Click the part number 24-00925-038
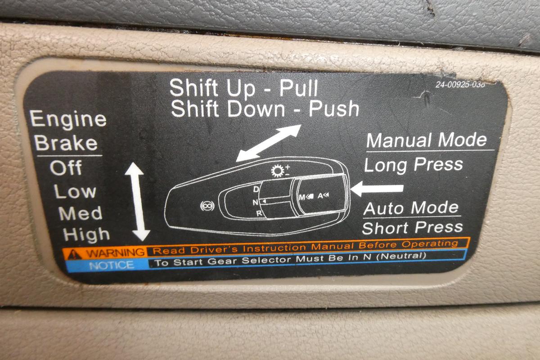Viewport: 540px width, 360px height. (x=460, y=85)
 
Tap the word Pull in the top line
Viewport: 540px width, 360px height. (x=298, y=88)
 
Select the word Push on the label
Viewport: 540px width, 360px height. (x=334, y=109)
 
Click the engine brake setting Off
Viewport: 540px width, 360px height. (x=66, y=167)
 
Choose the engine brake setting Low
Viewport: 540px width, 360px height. (x=75, y=191)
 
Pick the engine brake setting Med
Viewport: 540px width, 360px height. (x=80, y=213)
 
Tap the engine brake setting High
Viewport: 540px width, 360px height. (x=86, y=234)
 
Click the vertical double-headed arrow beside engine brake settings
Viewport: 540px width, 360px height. (x=138, y=201)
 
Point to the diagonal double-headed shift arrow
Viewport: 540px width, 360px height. (x=268, y=143)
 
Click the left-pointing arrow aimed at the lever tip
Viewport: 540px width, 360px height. (x=377, y=189)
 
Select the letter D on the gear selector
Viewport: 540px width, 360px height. (x=256, y=189)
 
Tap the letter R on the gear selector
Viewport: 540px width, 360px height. (x=259, y=213)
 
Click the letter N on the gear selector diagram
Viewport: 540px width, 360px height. (x=255, y=202)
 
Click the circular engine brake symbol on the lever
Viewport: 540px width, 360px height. (x=207, y=206)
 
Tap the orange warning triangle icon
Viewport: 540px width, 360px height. (x=75, y=254)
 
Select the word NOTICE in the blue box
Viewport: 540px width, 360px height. (x=112, y=265)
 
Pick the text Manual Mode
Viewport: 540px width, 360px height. (x=427, y=140)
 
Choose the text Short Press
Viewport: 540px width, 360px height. (x=412, y=227)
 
